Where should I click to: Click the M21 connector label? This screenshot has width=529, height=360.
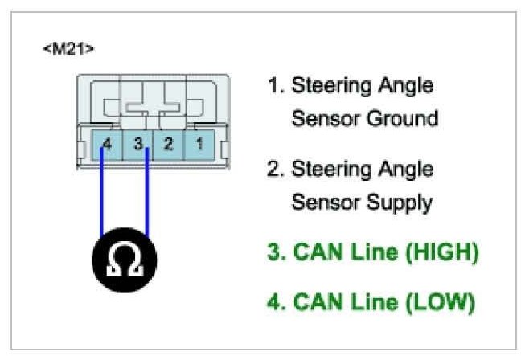coord(68,49)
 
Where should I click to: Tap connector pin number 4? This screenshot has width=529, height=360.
coord(108,145)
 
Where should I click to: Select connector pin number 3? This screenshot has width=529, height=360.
coord(138,145)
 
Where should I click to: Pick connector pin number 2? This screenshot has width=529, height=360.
coord(168,145)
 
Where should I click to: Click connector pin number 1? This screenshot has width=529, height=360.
coord(197,145)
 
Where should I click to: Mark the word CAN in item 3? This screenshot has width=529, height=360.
coord(317,252)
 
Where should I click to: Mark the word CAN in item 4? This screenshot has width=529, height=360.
coord(317,302)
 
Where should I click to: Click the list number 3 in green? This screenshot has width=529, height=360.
coord(273,252)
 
